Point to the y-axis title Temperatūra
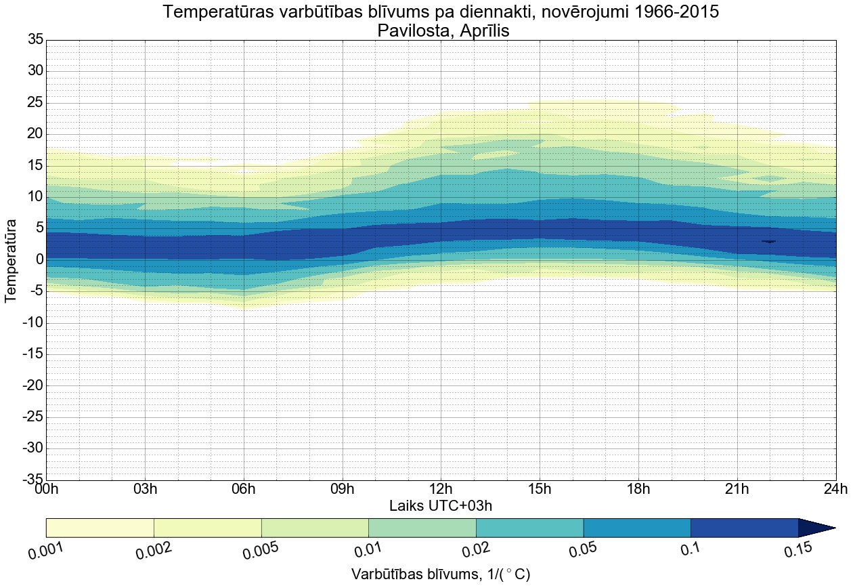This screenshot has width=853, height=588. click(x=11, y=260)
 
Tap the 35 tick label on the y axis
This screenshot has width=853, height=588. click(x=35, y=40)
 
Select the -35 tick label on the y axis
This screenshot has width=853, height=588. click(x=32, y=480)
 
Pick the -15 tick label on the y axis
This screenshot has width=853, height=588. click(x=32, y=354)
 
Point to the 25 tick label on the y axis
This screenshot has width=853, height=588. click(x=35, y=103)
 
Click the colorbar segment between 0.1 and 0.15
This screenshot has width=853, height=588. click(x=744, y=528)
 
